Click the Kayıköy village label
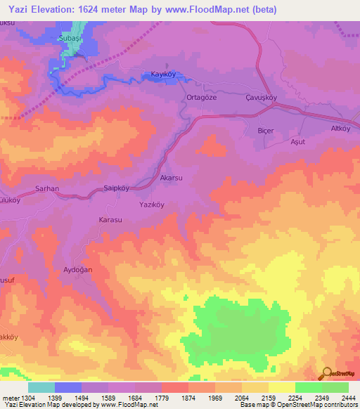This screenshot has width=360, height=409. [162, 74]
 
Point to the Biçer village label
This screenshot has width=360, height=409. [265, 131]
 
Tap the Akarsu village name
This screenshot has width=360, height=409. [172, 179]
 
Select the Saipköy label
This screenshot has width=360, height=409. [117, 188]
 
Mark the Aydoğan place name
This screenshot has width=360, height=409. [78, 270]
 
